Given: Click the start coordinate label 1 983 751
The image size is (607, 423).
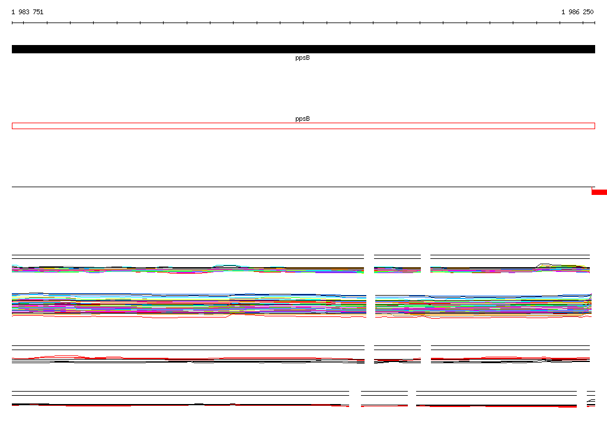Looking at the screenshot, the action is click(x=27, y=12).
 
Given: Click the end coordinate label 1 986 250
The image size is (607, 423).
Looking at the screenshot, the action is click(x=577, y=12).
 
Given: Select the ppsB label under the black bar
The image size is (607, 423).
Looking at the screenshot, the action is click(x=302, y=57).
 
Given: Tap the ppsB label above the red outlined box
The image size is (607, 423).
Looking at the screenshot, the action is click(x=302, y=119).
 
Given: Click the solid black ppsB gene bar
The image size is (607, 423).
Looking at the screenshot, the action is click(x=303, y=49).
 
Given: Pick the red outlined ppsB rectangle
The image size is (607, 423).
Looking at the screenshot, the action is click(x=303, y=123).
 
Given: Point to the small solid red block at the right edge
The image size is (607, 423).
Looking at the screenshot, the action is click(x=599, y=192).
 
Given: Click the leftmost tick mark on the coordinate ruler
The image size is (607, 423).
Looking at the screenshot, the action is click(x=12, y=23).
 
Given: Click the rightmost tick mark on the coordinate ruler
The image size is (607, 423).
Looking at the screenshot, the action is click(x=595, y=23).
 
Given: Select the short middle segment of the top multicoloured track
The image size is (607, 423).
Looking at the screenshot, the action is click(x=397, y=264).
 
